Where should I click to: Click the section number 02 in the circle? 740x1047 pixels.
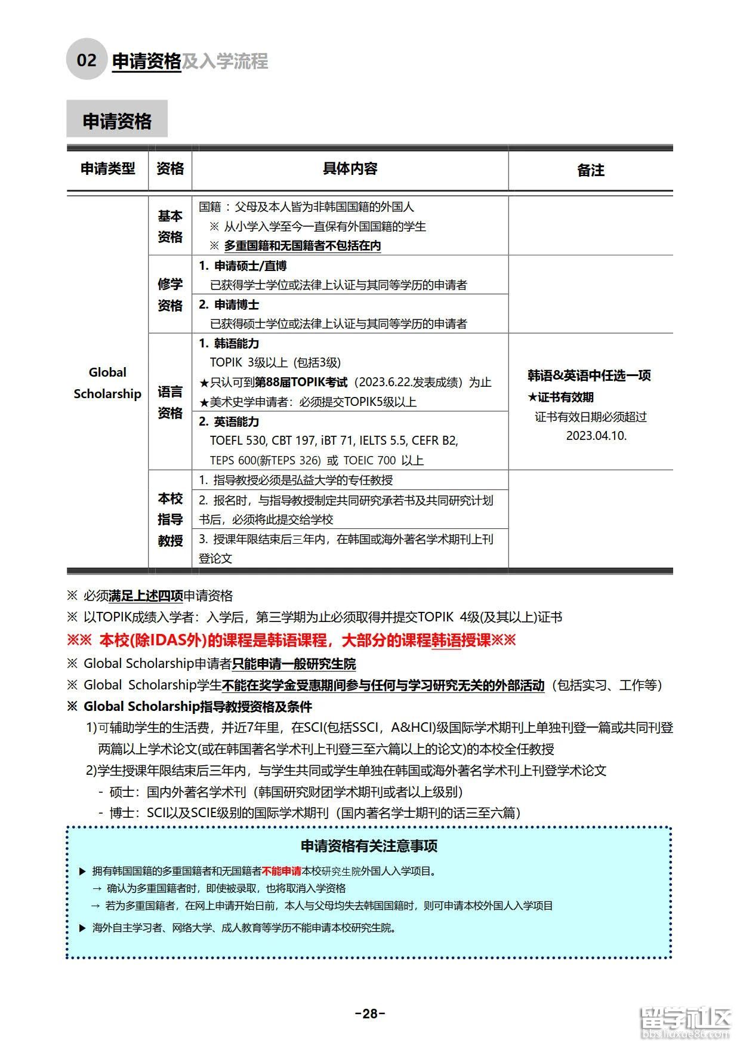(x=87, y=60)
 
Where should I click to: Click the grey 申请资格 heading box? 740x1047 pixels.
(x=117, y=121)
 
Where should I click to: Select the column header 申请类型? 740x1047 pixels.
(x=107, y=169)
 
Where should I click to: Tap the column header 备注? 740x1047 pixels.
(x=590, y=170)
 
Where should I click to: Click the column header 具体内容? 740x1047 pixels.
(x=350, y=169)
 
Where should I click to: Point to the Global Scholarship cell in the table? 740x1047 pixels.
(x=107, y=383)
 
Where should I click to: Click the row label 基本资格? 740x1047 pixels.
(x=170, y=226)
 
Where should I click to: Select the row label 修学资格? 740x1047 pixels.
(x=170, y=294)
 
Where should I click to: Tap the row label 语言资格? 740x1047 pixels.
(x=170, y=402)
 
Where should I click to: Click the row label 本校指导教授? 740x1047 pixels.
(x=170, y=519)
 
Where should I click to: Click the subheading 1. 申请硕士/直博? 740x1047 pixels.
(x=242, y=266)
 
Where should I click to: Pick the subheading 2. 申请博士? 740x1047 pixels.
(x=229, y=304)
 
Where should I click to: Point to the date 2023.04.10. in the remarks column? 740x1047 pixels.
(x=596, y=436)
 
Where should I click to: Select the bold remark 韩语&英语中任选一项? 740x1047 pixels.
(x=589, y=375)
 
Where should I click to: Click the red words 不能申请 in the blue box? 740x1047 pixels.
(x=281, y=871)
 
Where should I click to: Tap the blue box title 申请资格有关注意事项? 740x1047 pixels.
(x=369, y=846)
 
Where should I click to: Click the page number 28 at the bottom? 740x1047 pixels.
(x=370, y=1013)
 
